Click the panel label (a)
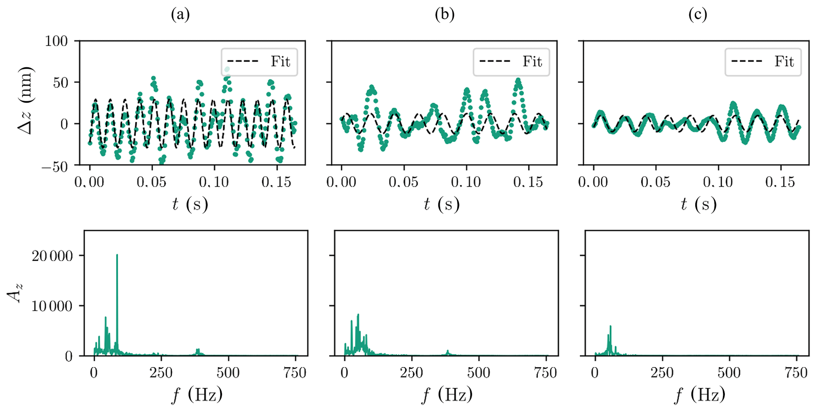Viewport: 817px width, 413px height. [x=180, y=15]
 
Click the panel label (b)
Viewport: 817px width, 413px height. [x=444, y=15]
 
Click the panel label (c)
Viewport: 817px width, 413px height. [x=697, y=15]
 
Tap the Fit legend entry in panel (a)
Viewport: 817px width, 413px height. [x=259, y=62]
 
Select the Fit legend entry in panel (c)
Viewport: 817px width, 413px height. [x=763, y=62]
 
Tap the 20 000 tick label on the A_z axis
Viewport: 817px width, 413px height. [x=52, y=256]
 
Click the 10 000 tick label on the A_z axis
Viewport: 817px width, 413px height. [x=52, y=306]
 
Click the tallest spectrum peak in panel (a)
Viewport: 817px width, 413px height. [x=117, y=256]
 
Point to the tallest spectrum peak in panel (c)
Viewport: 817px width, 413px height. [x=610, y=326]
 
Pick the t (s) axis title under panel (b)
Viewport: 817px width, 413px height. [x=442, y=205]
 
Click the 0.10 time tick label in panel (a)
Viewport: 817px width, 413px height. [x=214, y=182]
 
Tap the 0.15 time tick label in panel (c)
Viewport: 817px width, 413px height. [x=780, y=182]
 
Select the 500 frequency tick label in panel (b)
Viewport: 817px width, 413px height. [x=479, y=373]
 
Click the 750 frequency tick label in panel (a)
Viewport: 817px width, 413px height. [x=295, y=373]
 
